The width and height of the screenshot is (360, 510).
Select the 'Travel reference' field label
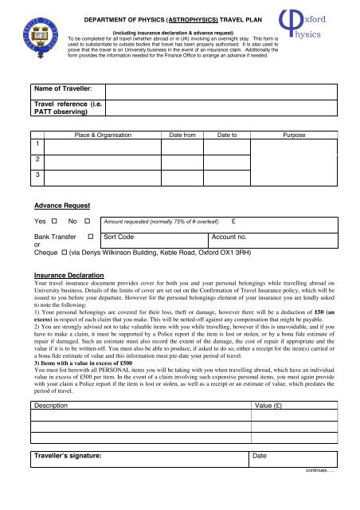tap(65, 112)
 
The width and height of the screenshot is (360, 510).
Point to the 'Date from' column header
tap(182, 136)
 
